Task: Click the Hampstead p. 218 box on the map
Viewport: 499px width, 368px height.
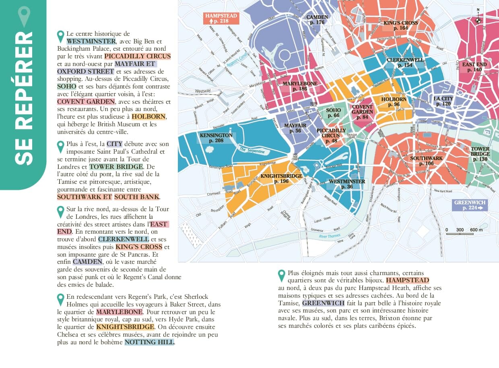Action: pyautogui.click(x=221, y=19)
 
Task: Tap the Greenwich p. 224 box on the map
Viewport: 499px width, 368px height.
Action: pyautogui.click(x=470, y=205)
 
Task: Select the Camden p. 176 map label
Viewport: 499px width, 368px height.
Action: pyautogui.click(x=317, y=20)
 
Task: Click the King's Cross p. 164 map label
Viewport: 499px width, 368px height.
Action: pyautogui.click(x=400, y=25)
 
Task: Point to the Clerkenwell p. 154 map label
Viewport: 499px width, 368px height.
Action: pyautogui.click(x=405, y=62)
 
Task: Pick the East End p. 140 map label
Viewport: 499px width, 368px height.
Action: pyautogui.click(x=474, y=67)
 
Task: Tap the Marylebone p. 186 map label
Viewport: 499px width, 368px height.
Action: pyautogui.click(x=300, y=86)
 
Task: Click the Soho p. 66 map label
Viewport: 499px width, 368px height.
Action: pyautogui.click(x=334, y=113)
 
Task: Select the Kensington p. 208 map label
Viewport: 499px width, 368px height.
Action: pyautogui.click(x=216, y=138)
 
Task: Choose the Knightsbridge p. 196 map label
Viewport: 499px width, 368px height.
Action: pyautogui.click(x=281, y=179)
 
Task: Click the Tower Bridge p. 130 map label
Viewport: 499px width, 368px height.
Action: pyautogui.click(x=480, y=154)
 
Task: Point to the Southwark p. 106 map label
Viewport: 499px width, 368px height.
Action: pyautogui.click(x=426, y=161)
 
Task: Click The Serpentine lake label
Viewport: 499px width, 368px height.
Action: pyautogui.click(x=252, y=150)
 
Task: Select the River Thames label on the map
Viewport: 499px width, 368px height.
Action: pyautogui.click(x=330, y=236)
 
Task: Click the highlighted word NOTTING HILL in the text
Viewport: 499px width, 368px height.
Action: pyautogui.click(x=149, y=342)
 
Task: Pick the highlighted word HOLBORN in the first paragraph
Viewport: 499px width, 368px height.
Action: pyautogui.click(x=148, y=116)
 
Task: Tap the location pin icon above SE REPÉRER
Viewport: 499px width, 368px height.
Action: pyautogui.click(x=25, y=16)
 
